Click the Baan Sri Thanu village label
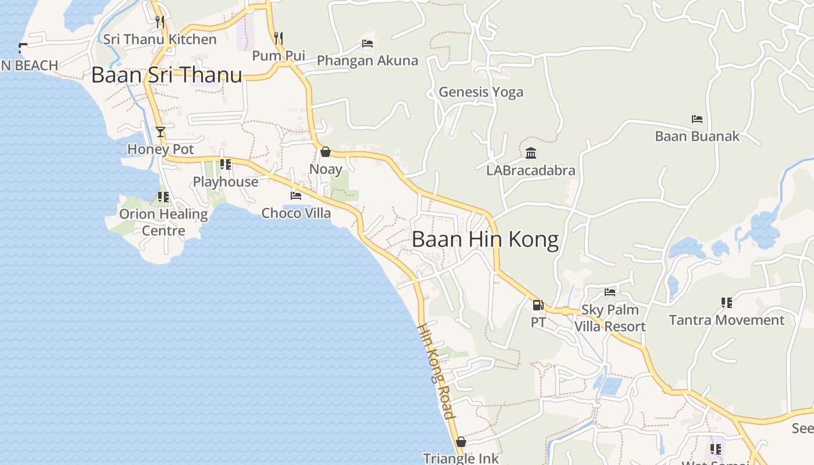click(x=167, y=76)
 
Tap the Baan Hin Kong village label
click(x=485, y=239)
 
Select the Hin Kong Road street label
click(x=435, y=371)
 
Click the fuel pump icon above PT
click(x=538, y=305)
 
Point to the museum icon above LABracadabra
click(x=531, y=153)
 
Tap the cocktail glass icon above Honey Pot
click(x=160, y=132)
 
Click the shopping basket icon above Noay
click(x=326, y=152)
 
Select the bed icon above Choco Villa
click(x=296, y=196)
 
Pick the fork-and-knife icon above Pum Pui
click(x=279, y=38)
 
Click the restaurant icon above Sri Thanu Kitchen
click(x=160, y=22)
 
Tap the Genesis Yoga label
click(x=481, y=92)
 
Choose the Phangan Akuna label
click(x=367, y=60)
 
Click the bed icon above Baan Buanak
click(x=697, y=119)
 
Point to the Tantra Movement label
click(x=726, y=320)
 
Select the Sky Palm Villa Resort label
click(x=610, y=318)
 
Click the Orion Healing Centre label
click(x=163, y=222)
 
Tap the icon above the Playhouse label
click(x=226, y=164)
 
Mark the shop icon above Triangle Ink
click(x=461, y=442)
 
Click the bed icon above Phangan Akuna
click(x=367, y=44)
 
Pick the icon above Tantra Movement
click(x=726, y=303)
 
